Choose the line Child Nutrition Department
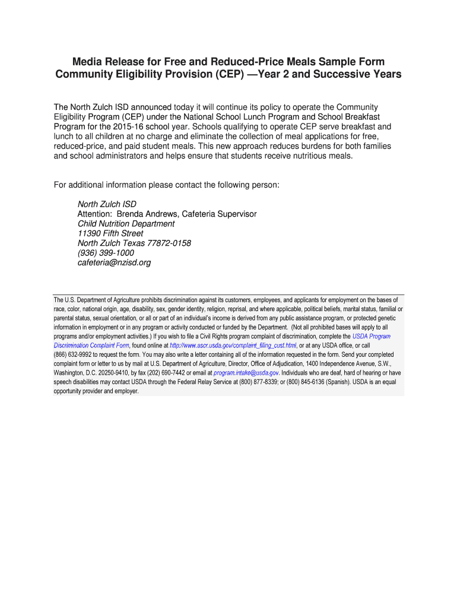point(126,224)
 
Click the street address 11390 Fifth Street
point(110,233)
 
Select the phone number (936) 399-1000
point(106,252)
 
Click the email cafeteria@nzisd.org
point(114,262)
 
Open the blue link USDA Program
point(372,336)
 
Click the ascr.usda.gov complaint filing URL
point(233,346)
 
